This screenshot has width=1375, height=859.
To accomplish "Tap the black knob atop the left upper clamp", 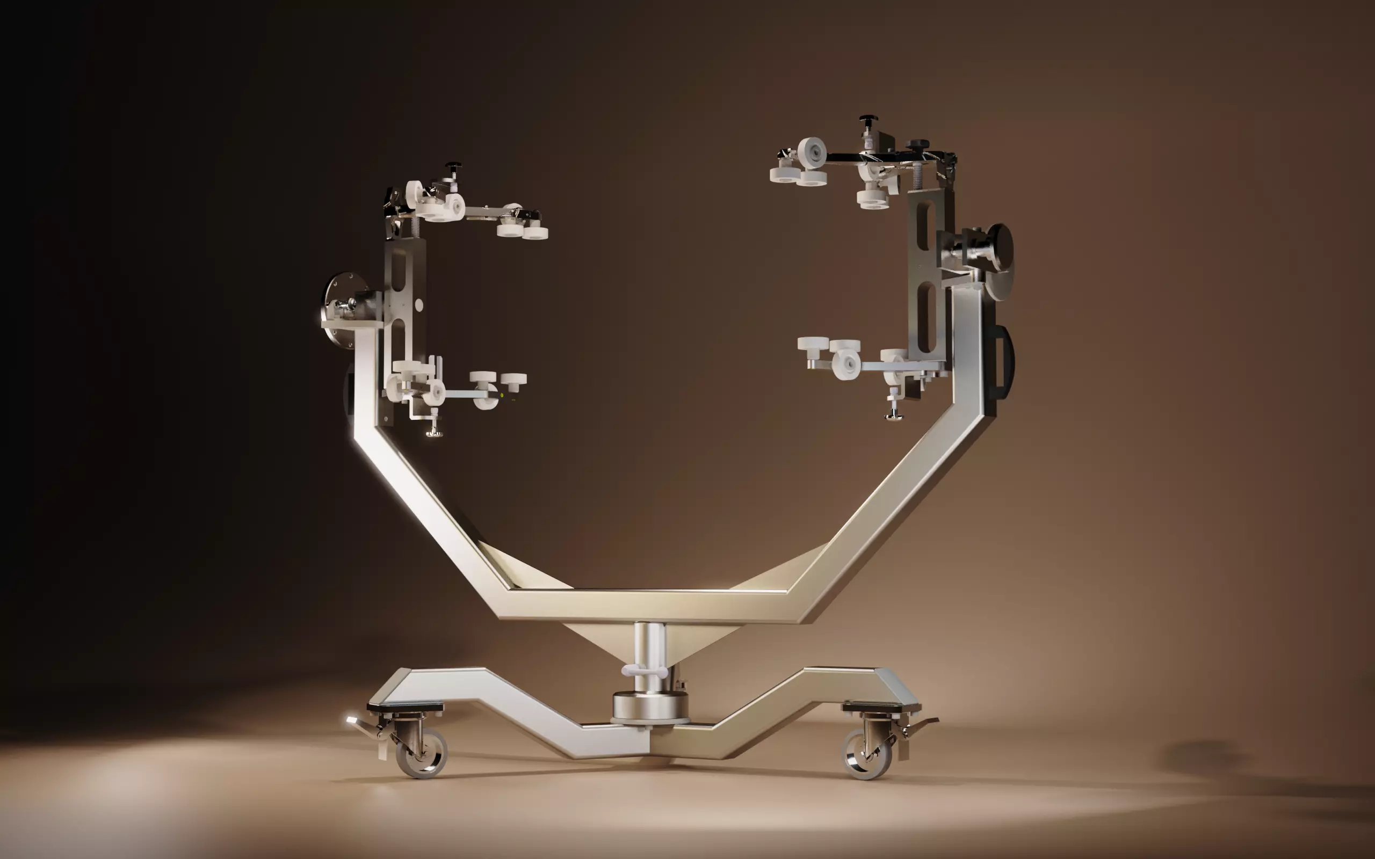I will click(453, 166).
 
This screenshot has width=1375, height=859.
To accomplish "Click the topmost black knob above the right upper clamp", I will click(867, 120).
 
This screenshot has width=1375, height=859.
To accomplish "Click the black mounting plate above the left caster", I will click(405, 707).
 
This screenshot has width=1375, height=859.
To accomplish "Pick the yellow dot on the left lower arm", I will click(502, 395).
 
